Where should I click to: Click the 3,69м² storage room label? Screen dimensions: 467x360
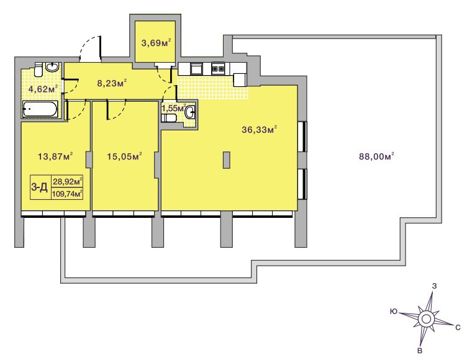(156, 43)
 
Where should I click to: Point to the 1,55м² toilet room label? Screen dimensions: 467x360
(174, 108)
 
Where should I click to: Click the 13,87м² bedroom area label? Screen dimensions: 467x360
(55, 156)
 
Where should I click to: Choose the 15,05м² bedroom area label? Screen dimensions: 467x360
(124, 156)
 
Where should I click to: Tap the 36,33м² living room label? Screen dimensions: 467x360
(259, 130)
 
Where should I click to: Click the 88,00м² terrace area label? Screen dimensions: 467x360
(376, 156)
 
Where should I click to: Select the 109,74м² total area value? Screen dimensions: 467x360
(67, 194)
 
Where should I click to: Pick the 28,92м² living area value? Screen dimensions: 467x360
(68, 181)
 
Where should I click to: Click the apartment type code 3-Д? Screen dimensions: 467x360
(40, 187)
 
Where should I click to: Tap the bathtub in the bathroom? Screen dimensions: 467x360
(40, 110)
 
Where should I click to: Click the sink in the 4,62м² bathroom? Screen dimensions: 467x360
(53, 67)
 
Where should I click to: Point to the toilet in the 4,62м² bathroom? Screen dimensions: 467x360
(38, 69)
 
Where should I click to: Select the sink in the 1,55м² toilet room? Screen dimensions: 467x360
(190, 112)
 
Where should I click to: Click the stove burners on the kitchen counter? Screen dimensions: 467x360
(219, 69)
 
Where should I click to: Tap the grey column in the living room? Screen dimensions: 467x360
(226, 160)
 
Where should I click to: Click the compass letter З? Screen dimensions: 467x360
(435, 286)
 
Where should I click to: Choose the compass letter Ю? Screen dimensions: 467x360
(394, 312)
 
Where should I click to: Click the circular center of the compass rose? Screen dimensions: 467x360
(425, 319)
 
